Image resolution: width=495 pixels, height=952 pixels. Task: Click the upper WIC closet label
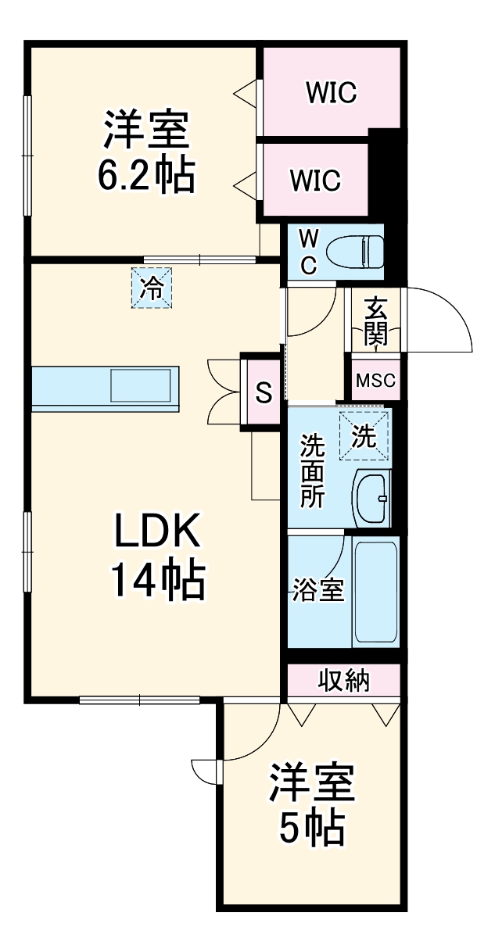[332, 92]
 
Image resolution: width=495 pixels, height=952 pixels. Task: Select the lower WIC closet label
[315, 180]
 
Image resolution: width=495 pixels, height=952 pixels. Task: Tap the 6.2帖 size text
[146, 177]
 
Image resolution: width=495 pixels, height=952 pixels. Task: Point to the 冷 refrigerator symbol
[152, 288]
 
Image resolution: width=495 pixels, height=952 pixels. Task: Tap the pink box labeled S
[264, 392]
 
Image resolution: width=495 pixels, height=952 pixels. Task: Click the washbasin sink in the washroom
[372, 497]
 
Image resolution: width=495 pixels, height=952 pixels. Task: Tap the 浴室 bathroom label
[318, 591]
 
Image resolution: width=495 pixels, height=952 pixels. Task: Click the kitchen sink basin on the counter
[141, 386]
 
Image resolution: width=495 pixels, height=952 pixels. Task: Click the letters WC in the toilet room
[308, 251]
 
